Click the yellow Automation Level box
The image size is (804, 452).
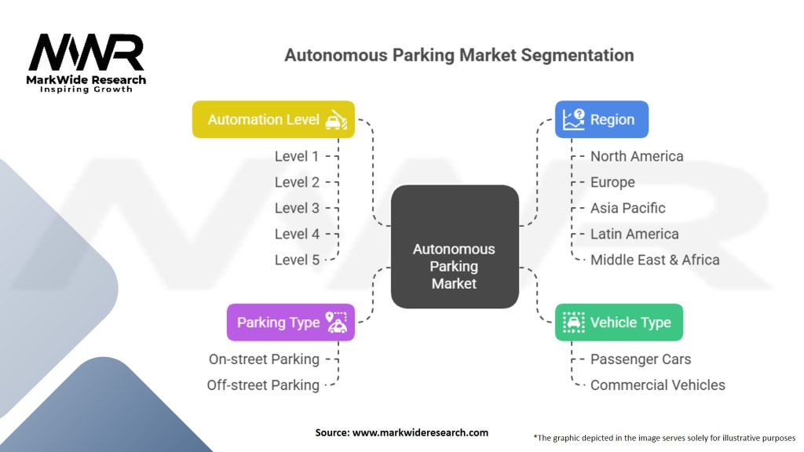273,119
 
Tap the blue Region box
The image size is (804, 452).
601,119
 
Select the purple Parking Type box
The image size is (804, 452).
291,323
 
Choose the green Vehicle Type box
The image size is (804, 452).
619,323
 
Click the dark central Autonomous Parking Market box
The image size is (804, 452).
455,246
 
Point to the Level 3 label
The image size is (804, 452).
297,208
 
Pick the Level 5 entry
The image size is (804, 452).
297,260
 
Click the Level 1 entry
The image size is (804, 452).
296,156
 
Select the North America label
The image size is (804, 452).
637,156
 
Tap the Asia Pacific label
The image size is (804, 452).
627,208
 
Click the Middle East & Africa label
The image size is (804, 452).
655,260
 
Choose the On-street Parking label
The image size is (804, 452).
264,359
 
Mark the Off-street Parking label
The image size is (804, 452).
263,385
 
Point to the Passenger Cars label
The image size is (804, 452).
641,359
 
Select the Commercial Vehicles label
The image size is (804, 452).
658,385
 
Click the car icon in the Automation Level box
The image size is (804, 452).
336,120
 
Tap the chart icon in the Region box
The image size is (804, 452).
573,119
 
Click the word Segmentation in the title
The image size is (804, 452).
577,56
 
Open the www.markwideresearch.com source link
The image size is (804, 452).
421,432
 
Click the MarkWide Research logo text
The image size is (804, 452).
86,80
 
